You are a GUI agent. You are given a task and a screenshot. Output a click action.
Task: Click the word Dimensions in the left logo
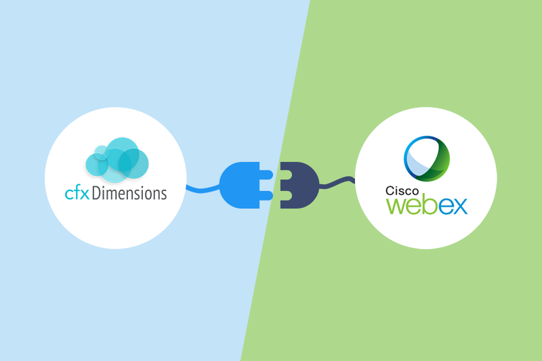pyautogui.click(x=128, y=193)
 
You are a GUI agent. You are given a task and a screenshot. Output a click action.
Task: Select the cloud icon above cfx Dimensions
pyautogui.click(x=117, y=160)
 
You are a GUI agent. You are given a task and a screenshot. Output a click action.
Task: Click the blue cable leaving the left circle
pyautogui.click(x=200, y=188)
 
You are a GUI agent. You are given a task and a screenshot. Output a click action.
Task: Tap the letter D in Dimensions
pyautogui.click(x=95, y=193)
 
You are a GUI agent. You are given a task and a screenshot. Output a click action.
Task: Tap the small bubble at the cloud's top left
pyautogui.click(x=101, y=150)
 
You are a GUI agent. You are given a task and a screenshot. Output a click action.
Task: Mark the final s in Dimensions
pyautogui.click(x=163, y=194)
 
